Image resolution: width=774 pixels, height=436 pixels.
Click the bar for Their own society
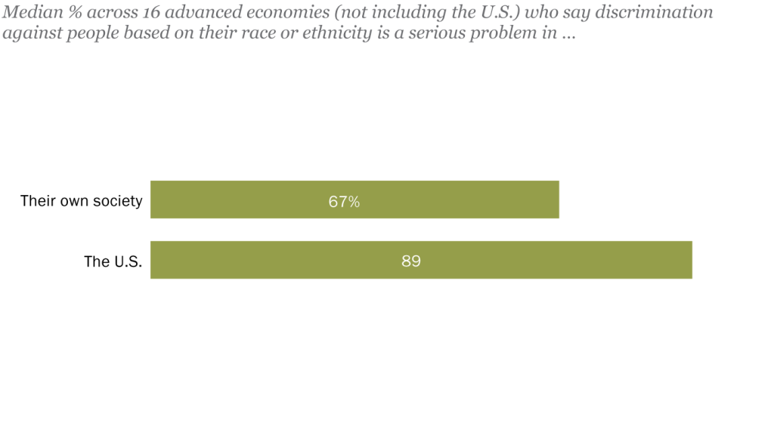click(x=454, y=199)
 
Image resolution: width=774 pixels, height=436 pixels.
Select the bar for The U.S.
click(x=529, y=260)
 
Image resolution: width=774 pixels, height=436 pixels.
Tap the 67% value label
click(x=344, y=201)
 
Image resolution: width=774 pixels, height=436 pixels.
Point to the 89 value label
click(x=411, y=261)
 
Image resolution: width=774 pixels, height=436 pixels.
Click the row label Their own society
click(x=81, y=201)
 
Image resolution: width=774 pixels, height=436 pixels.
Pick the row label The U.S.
click(x=113, y=262)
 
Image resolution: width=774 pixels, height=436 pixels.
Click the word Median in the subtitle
click(x=29, y=13)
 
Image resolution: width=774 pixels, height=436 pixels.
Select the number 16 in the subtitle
click(x=150, y=13)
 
